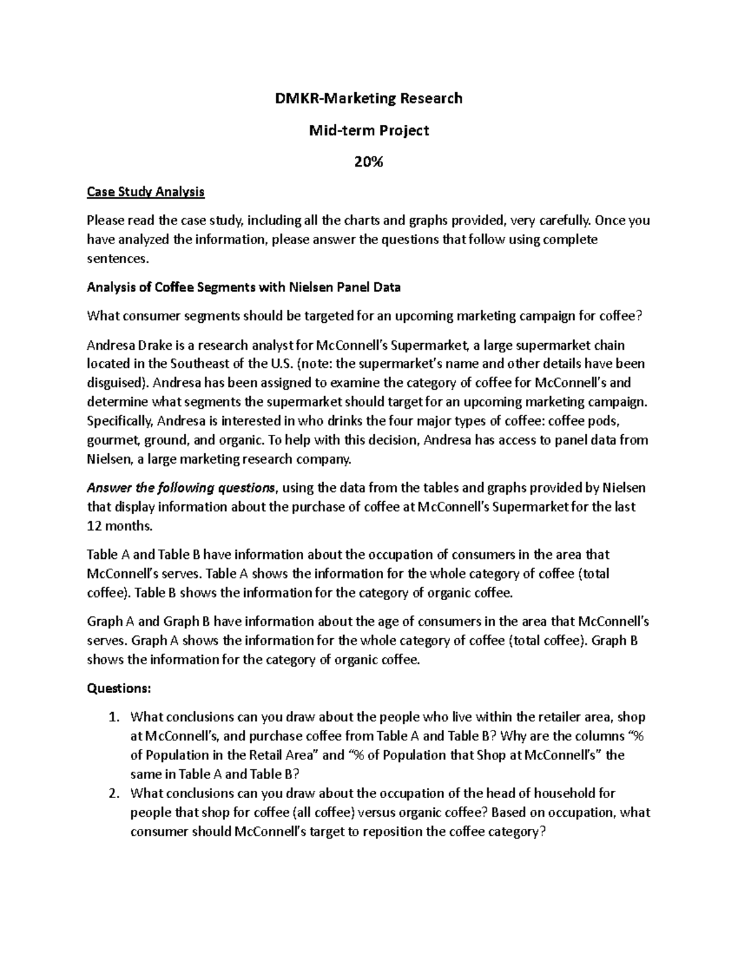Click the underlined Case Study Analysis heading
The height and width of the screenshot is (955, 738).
point(146,192)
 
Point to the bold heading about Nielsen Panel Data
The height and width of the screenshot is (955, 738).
point(244,287)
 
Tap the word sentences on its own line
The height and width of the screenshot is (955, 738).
point(117,258)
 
